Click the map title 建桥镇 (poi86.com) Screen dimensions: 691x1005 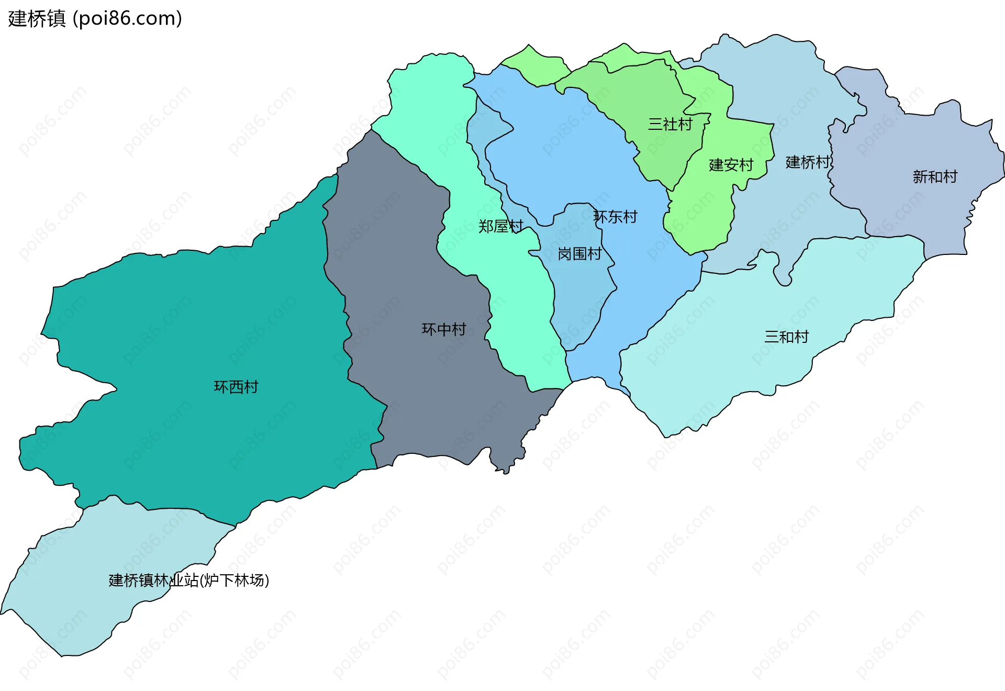point(94,19)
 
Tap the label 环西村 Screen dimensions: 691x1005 point(236,387)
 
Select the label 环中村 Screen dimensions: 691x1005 point(444,329)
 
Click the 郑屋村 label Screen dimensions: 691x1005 point(500,226)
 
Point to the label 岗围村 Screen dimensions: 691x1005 point(579,254)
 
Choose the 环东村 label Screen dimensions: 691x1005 point(616,217)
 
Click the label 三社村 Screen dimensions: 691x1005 point(670,124)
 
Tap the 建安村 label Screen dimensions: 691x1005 point(731,165)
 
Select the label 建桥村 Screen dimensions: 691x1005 point(808,162)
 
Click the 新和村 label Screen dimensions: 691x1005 point(935,177)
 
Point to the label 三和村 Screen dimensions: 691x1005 point(786,337)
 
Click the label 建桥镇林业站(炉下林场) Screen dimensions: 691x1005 point(188,580)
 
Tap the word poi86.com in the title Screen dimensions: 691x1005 point(127,19)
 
